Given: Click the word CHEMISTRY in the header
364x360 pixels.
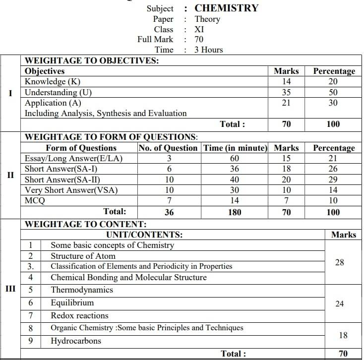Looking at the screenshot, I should [x=226, y=8].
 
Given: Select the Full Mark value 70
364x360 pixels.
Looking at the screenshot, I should [x=199, y=39].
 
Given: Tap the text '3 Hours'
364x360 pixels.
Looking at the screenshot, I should [x=209, y=50].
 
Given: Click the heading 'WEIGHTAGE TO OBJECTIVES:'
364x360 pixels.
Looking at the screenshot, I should [x=92, y=60].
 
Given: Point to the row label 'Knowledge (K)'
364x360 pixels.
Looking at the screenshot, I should [x=53, y=82].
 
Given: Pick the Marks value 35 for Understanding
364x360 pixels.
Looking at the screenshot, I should [x=286, y=92].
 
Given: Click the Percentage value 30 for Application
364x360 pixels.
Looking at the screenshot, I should [x=333, y=103].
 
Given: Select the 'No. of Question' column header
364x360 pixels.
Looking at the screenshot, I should [x=168, y=148].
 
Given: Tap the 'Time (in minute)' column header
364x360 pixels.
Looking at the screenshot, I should [x=235, y=148].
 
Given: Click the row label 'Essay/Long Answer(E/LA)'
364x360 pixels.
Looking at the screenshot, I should [x=73, y=159].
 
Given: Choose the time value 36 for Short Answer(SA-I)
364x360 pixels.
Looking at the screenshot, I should [x=235, y=169].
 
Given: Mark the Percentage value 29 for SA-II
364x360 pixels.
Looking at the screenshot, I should [x=333, y=180].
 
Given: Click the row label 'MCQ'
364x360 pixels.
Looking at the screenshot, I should [x=35, y=201].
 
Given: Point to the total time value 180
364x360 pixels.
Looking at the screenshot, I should [x=235, y=212].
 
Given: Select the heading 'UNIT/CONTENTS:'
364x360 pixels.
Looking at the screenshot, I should [x=144, y=235].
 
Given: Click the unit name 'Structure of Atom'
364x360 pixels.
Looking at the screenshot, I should [x=83, y=256].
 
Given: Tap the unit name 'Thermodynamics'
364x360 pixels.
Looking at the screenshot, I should [x=82, y=290].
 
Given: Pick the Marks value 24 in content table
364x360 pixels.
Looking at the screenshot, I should [x=339, y=303].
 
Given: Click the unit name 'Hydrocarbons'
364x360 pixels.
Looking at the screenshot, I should [x=76, y=341].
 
